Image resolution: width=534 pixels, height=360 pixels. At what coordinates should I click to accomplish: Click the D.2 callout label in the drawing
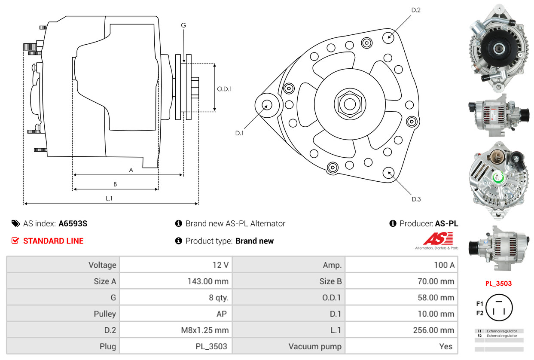coord(415,10)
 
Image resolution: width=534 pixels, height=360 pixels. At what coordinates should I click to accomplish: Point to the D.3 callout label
coord(416,199)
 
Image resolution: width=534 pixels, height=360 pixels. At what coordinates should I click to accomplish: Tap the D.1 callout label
coord(239,133)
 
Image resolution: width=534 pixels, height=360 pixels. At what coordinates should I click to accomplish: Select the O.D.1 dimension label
coord(224,89)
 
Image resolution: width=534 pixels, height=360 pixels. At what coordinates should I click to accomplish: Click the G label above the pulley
coord(183,25)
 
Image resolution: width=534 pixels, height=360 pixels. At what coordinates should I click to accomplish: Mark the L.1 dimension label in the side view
coord(109,198)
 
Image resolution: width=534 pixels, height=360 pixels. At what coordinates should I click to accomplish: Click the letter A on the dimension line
coord(131,170)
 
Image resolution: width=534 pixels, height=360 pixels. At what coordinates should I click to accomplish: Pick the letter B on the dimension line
coord(115,184)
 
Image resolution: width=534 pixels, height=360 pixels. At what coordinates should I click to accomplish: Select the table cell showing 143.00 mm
coord(176,281)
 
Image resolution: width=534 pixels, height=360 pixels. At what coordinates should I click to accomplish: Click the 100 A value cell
coord(402,265)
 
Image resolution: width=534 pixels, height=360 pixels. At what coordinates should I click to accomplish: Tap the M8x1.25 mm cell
coord(176,330)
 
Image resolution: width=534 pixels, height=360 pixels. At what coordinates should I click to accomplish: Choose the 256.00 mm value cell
coord(402,330)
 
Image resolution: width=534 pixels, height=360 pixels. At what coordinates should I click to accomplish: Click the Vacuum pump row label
coord(289,346)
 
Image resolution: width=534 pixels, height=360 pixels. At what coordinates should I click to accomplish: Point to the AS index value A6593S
coord(73,223)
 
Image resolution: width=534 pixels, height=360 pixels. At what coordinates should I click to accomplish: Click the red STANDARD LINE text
coord(53,241)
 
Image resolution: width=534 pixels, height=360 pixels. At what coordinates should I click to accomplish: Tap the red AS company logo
coord(438,239)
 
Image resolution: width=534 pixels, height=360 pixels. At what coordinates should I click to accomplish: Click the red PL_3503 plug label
coord(498,284)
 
